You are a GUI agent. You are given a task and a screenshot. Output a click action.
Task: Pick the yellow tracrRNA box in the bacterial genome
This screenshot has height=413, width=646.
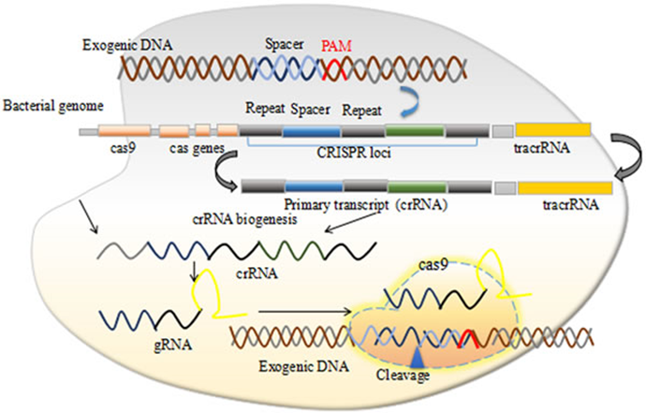click(x=552, y=131)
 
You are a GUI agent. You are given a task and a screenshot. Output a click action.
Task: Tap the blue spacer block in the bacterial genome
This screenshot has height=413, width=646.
click(x=310, y=133)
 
